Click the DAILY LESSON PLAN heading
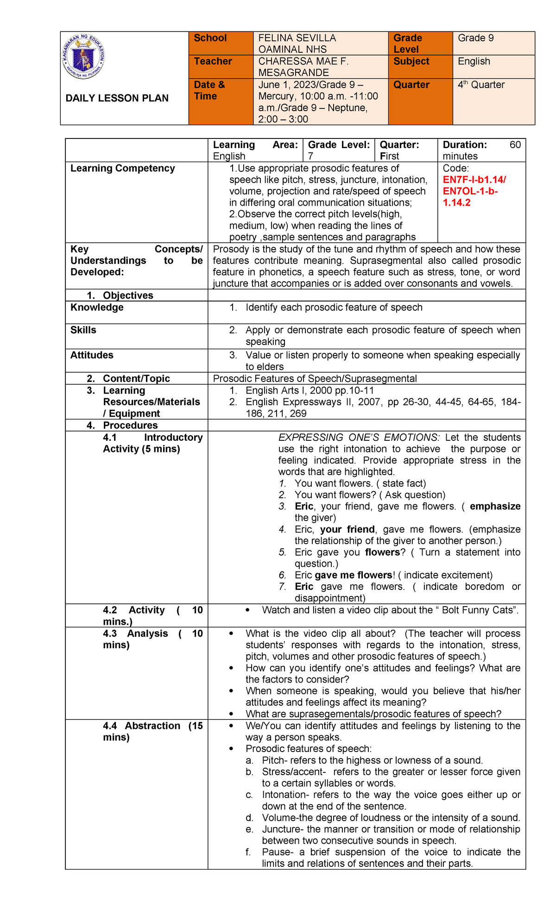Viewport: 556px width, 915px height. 117,98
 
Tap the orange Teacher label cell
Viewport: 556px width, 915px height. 220,67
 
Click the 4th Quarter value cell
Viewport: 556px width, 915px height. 493,101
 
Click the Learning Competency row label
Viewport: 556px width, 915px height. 122,169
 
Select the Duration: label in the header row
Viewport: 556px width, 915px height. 465,145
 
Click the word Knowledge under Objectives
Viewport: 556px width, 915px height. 97,307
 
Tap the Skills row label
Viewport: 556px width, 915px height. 83,330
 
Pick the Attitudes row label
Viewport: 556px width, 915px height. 92,355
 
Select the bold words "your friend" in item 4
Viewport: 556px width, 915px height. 347,529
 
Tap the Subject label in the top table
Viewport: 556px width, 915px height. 411,62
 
